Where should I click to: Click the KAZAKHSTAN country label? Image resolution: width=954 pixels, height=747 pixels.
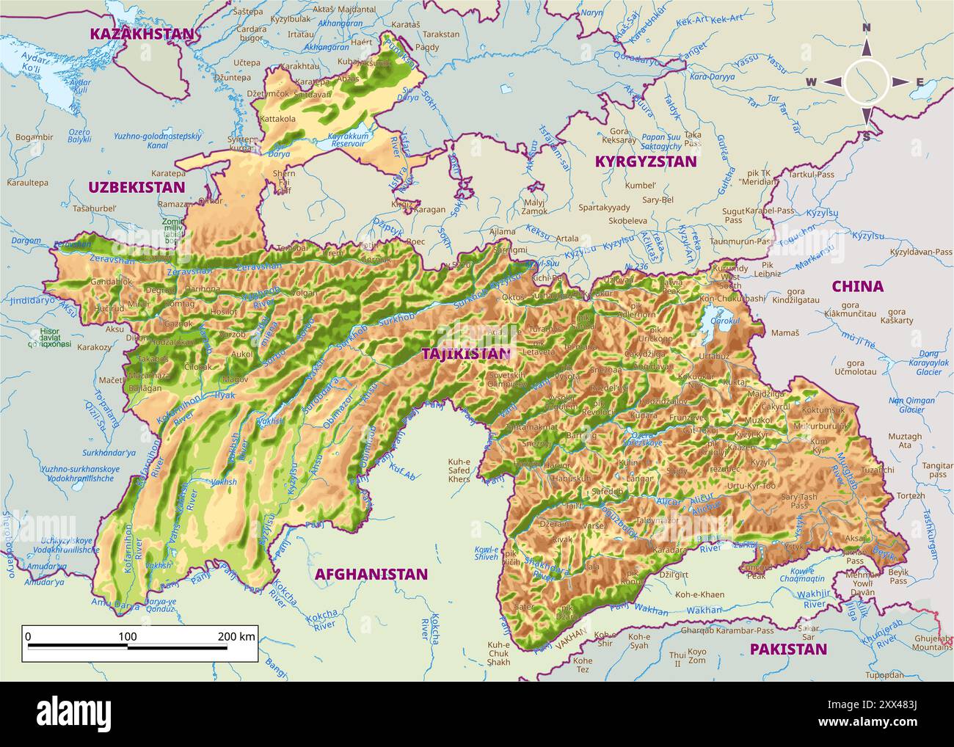(x=142, y=34)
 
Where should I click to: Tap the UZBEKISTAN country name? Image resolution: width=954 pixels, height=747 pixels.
(x=136, y=186)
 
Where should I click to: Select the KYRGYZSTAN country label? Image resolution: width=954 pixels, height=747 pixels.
(x=645, y=161)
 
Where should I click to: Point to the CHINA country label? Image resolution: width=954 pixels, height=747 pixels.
(x=857, y=286)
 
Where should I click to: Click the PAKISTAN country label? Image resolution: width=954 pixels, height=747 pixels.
(x=788, y=649)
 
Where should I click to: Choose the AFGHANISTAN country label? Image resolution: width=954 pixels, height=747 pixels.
(x=371, y=574)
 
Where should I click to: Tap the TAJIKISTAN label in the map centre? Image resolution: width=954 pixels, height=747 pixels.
(x=465, y=353)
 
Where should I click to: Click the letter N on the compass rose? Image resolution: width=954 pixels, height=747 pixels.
(x=866, y=28)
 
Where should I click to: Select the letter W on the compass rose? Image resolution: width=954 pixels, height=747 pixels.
(x=812, y=82)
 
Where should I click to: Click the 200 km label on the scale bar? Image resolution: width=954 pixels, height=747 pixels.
(x=236, y=636)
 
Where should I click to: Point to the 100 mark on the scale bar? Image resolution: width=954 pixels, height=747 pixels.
(x=128, y=636)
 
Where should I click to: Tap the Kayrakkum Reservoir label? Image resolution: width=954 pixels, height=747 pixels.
(x=346, y=139)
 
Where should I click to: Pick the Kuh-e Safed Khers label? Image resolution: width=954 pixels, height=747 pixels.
(x=459, y=470)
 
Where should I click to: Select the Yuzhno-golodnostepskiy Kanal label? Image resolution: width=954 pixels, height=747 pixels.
(x=157, y=140)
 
